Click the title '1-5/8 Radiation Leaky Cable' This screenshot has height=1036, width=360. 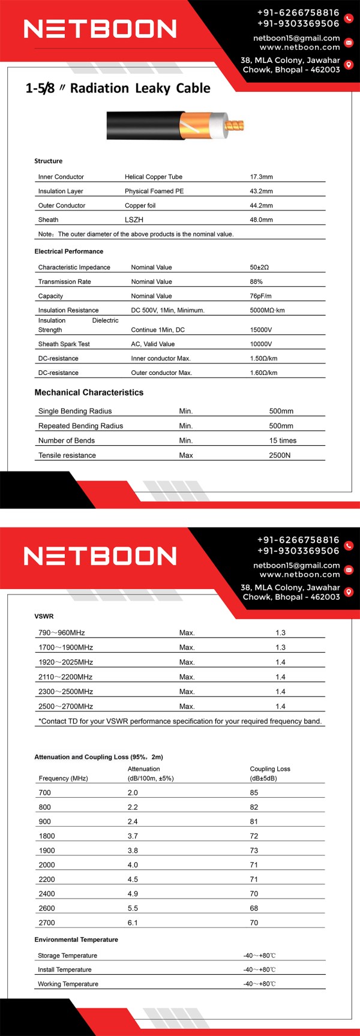(118, 88)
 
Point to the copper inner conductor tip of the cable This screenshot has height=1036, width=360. (236, 126)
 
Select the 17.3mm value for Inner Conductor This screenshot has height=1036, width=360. (261, 177)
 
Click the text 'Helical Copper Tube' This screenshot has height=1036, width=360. (153, 177)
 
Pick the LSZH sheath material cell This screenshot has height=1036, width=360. (134, 220)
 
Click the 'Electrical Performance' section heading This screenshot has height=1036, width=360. (68, 251)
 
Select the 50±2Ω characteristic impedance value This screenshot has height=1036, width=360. (259, 268)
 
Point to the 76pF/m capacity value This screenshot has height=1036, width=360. (260, 296)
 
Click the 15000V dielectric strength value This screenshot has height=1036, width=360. (261, 330)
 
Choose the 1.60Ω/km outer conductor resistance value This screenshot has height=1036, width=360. (263, 373)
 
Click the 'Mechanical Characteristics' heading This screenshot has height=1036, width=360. (89, 392)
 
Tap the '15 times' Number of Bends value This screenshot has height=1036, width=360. (283, 441)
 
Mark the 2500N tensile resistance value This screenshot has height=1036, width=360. (280, 456)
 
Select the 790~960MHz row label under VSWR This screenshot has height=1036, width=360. (61, 633)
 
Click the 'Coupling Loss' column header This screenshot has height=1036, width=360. (269, 769)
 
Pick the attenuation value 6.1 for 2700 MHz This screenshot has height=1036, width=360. (133, 923)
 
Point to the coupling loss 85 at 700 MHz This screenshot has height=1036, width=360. (254, 793)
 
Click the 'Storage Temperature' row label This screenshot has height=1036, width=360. (67, 956)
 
